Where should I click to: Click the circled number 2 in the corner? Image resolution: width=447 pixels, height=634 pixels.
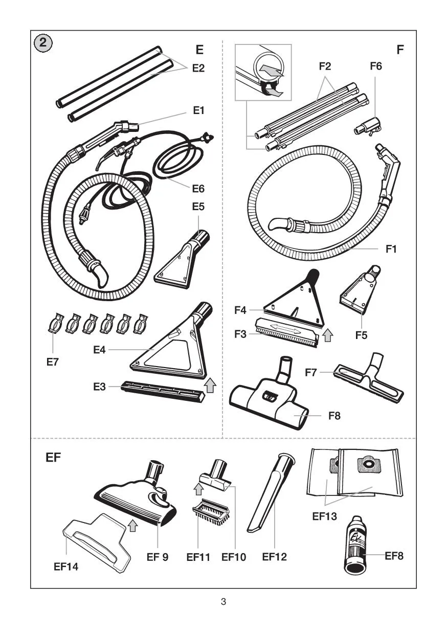point(43,42)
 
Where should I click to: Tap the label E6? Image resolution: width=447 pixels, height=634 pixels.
point(198,189)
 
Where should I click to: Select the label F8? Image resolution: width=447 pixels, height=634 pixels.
point(334,416)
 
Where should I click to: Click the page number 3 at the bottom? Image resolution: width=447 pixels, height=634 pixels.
point(223,602)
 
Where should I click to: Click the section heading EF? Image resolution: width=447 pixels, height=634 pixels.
point(53,457)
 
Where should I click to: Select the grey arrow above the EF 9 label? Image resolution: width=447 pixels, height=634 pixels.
point(132,525)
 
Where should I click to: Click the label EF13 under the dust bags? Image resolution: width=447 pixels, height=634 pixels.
point(325,516)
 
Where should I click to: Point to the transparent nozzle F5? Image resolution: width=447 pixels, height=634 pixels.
point(361,293)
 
